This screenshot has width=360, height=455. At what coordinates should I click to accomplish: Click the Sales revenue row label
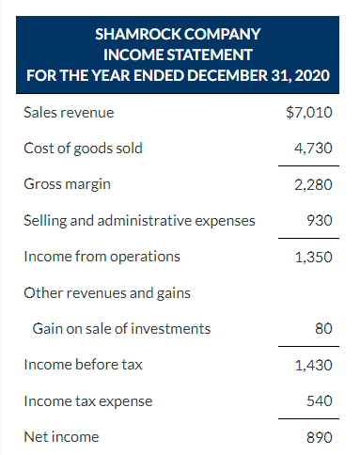(x=69, y=113)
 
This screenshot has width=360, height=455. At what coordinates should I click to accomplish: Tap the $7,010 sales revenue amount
(x=308, y=113)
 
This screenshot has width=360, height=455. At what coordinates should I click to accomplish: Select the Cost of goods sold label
(x=83, y=149)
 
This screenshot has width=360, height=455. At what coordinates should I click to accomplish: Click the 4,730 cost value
(x=313, y=149)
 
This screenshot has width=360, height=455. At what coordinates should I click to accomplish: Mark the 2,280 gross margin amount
(x=313, y=184)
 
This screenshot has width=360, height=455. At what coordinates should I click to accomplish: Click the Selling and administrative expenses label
(x=138, y=220)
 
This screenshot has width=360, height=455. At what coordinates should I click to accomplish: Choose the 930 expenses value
(x=320, y=220)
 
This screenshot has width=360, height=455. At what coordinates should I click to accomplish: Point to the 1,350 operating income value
(x=313, y=256)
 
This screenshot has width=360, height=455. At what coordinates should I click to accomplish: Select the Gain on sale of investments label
(x=121, y=328)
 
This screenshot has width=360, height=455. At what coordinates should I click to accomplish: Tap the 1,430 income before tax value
(x=313, y=365)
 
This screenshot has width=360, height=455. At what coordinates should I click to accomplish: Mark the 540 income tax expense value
(x=320, y=400)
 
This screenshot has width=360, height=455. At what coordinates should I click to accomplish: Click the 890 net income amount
(x=320, y=436)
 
